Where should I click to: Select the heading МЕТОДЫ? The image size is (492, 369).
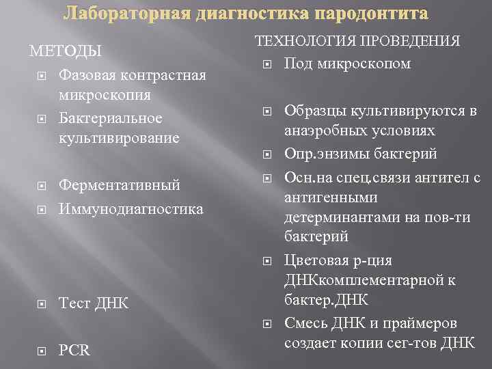65,51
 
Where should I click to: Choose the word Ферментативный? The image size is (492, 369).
120,185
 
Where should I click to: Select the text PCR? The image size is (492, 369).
74,350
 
